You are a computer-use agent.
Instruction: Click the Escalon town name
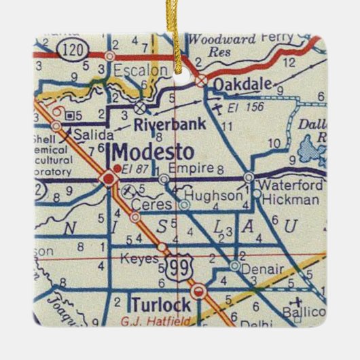tap(141, 69)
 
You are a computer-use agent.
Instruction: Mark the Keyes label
tap(139, 258)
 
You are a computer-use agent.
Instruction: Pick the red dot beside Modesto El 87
tap(117, 168)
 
